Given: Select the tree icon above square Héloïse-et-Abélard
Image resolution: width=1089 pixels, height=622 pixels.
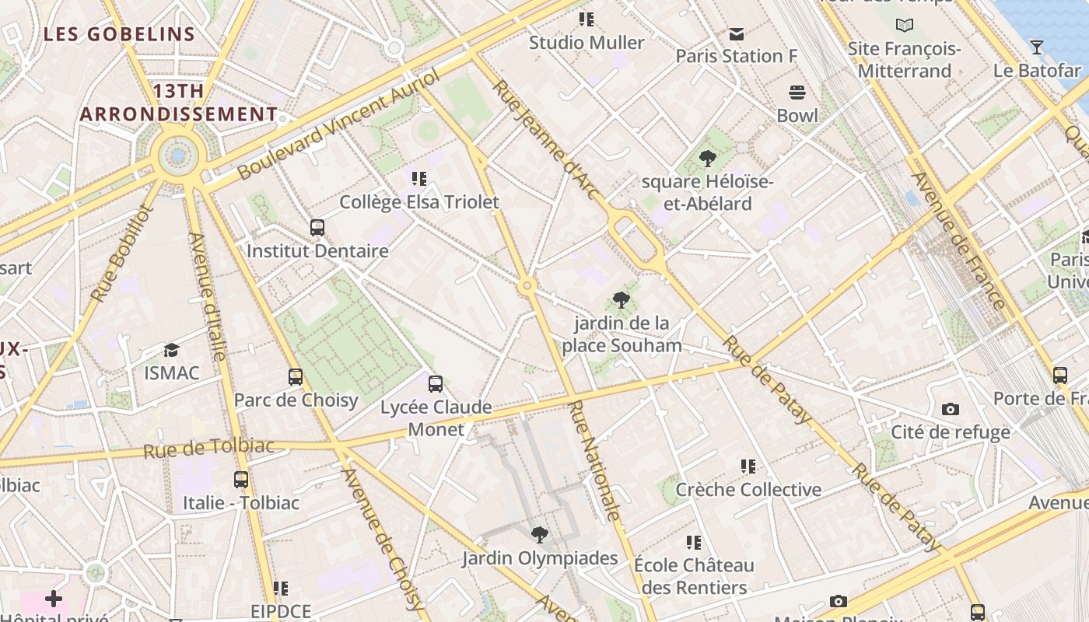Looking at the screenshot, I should click(x=707, y=159).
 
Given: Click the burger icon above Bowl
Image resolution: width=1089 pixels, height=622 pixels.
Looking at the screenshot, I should click(x=797, y=93).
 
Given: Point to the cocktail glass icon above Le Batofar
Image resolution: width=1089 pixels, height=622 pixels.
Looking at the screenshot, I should click(x=1036, y=47).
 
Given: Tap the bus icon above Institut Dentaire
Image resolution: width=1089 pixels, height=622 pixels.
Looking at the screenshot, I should click(x=317, y=228).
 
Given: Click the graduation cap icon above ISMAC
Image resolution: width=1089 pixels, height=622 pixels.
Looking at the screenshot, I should click(x=171, y=351).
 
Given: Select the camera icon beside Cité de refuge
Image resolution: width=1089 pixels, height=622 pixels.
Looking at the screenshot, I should click(x=950, y=410).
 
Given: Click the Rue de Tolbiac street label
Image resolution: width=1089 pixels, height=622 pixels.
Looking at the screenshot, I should click(x=209, y=448).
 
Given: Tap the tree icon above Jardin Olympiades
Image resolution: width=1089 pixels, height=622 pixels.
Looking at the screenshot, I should click(x=539, y=535).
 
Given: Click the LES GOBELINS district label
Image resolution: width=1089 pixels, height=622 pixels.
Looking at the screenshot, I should click(x=119, y=34).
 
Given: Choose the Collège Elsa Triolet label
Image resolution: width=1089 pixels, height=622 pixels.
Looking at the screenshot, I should click(x=419, y=202).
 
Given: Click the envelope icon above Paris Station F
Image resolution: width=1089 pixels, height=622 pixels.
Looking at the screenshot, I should click(x=736, y=34).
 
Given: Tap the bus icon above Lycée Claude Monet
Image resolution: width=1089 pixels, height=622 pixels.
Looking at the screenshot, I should click(x=436, y=383).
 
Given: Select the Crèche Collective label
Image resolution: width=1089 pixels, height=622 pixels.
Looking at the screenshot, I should click(x=748, y=490).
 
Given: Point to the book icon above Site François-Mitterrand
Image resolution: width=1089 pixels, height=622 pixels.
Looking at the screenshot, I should click(x=904, y=26).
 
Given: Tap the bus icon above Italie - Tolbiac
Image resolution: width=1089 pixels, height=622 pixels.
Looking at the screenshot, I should click(x=240, y=480).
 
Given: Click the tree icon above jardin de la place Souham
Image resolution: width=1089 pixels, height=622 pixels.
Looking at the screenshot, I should click(x=621, y=299).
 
